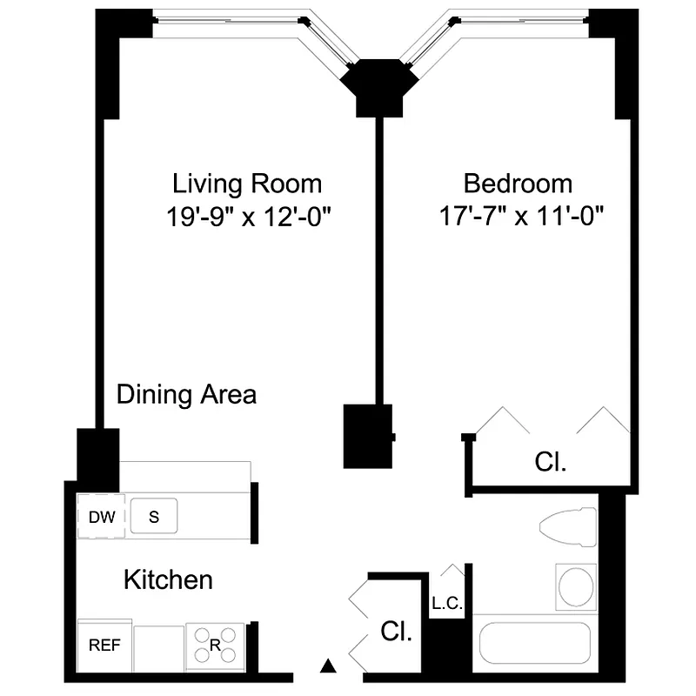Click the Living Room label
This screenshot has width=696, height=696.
tap(247, 184)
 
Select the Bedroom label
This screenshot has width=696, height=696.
tap(518, 184)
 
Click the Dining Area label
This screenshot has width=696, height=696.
tap(187, 394)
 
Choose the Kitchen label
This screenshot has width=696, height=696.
tap(168, 579)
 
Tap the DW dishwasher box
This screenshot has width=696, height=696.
tap(102, 517)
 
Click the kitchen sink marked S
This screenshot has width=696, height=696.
tap(154, 516)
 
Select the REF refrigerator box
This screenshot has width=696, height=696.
tap(105, 646)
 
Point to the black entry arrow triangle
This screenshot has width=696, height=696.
tap(328, 666)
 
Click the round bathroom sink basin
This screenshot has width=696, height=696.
tap(575, 587)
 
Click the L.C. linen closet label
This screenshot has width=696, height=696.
tap(446, 603)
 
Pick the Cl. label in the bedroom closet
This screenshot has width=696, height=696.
tap(550, 461)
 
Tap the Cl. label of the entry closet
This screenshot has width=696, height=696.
tap(398, 632)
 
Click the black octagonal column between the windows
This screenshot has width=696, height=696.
tap(377, 86)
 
